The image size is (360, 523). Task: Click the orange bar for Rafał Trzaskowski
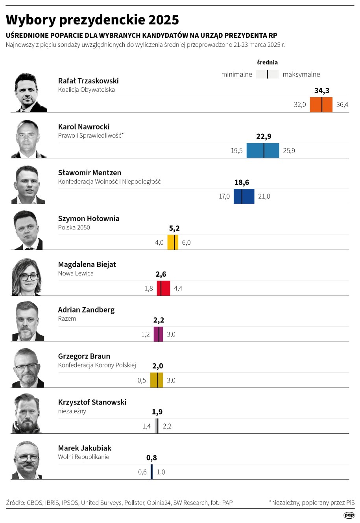click(x=321, y=105)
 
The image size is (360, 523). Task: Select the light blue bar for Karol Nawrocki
click(x=263, y=150)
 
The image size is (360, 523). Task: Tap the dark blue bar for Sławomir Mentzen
click(x=244, y=196)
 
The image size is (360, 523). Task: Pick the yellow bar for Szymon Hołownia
click(x=173, y=242)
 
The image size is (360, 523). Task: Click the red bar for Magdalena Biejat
click(x=163, y=288)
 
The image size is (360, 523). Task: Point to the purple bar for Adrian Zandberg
click(x=158, y=334)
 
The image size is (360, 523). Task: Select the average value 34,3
click(x=322, y=91)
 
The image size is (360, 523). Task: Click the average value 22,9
click(x=264, y=137)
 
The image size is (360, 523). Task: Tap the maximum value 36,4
click(x=342, y=105)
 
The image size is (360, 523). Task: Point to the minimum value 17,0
click(x=224, y=196)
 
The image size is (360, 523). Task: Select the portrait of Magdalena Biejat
click(x=27, y=277)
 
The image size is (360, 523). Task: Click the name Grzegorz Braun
click(x=84, y=356)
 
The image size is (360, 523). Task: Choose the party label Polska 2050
click(x=74, y=227)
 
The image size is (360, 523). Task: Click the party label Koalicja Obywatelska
click(x=87, y=90)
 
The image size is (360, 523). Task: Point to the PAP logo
click(x=349, y=515)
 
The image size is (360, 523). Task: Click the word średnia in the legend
click(x=268, y=63)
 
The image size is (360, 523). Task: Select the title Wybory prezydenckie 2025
click(x=92, y=20)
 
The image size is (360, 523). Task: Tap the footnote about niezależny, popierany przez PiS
click(x=312, y=503)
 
